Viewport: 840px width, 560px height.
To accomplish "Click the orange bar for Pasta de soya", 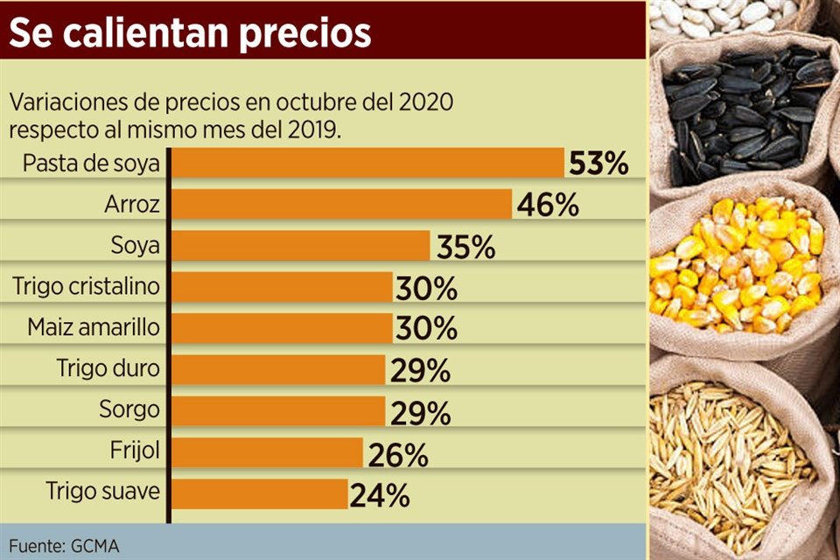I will [367, 164].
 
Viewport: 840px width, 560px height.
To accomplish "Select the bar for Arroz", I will [341, 205].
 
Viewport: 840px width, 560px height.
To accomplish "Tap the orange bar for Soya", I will [300, 246].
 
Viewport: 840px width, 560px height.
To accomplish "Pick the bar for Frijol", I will [267, 453].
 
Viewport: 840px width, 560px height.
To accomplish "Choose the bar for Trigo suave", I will [260, 494].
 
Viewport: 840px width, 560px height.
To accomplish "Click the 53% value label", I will [598, 164].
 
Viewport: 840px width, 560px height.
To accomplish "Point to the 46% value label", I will [548, 205].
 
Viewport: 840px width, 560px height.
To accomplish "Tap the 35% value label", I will [465, 247].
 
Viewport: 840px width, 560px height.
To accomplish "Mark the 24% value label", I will [380, 495].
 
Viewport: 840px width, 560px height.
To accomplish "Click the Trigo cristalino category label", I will [87, 285].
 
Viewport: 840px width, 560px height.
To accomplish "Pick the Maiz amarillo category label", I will [94, 327].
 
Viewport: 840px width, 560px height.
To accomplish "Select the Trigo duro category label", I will [108, 368].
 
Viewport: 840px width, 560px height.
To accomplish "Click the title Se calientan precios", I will [191, 32].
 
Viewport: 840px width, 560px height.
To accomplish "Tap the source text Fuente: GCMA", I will [65, 545].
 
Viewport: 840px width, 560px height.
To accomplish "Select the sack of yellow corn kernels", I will [739, 267].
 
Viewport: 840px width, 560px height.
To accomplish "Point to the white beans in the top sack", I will [717, 15].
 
